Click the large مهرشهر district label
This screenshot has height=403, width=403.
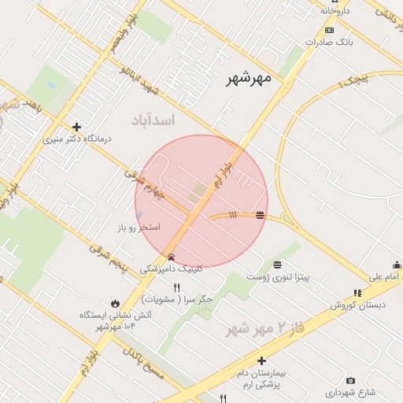[x=248, y=78]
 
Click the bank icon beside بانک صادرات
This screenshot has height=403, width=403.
[x=329, y=31]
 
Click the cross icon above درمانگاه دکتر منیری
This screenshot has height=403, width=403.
[x=76, y=127]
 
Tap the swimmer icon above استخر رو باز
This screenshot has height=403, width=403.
[x=139, y=215]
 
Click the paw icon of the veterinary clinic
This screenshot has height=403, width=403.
[x=171, y=257]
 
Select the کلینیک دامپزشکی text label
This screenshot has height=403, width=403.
[x=171, y=268]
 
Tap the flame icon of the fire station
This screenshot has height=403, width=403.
[x=116, y=302]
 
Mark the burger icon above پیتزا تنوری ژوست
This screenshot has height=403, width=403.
[x=277, y=264]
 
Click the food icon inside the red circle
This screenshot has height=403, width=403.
[x=260, y=215]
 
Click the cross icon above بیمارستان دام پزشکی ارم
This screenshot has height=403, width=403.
[x=261, y=360]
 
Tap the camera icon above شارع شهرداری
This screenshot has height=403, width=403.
[x=350, y=381]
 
